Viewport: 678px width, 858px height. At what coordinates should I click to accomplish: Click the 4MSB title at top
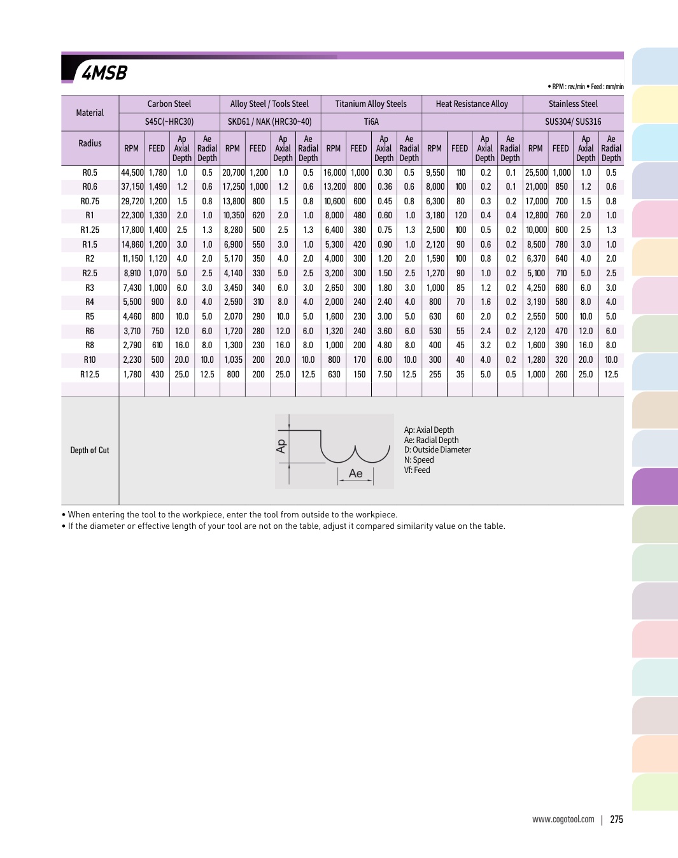pyautogui.click(x=104, y=73)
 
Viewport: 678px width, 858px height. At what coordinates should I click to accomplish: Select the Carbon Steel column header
pyautogui.click(x=169, y=104)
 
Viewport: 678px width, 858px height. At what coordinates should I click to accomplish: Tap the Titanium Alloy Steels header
pyautogui.click(x=371, y=104)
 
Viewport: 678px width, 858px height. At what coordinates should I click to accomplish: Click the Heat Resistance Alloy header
pyautogui.click(x=472, y=104)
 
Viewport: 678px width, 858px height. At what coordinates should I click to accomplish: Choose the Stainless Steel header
pyautogui.click(x=573, y=104)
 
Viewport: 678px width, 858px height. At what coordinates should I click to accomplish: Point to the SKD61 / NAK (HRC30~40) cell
pyautogui.click(x=270, y=122)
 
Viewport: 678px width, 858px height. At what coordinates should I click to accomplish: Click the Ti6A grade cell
pyautogui.click(x=371, y=122)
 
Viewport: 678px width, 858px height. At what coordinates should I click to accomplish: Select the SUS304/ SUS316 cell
pyautogui.click(x=573, y=122)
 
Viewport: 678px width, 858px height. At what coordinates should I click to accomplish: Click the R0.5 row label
pyautogui.click(x=90, y=172)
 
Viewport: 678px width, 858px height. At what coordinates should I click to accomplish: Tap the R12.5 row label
pyautogui.click(x=90, y=374)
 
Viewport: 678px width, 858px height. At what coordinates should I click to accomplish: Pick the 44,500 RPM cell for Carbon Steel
pyautogui.click(x=132, y=172)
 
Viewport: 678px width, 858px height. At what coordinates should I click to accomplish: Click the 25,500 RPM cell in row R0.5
pyautogui.click(x=536, y=172)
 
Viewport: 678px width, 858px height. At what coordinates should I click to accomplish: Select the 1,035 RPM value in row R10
pyautogui.click(x=233, y=360)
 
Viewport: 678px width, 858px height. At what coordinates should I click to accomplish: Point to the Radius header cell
pyautogui.click(x=90, y=143)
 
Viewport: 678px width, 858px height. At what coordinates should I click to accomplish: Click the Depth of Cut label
pyautogui.click(x=90, y=450)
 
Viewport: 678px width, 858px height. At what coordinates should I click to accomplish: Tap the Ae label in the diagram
pyautogui.click(x=355, y=474)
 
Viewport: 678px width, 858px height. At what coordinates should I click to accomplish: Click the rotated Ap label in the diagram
pyautogui.click(x=281, y=446)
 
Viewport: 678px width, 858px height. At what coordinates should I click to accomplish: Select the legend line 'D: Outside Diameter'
pyautogui.click(x=437, y=449)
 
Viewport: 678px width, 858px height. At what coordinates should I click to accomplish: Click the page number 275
pyautogui.click(x=616, y=820)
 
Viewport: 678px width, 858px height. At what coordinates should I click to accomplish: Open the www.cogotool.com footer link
pyautogui.click(x=563, y=820)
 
